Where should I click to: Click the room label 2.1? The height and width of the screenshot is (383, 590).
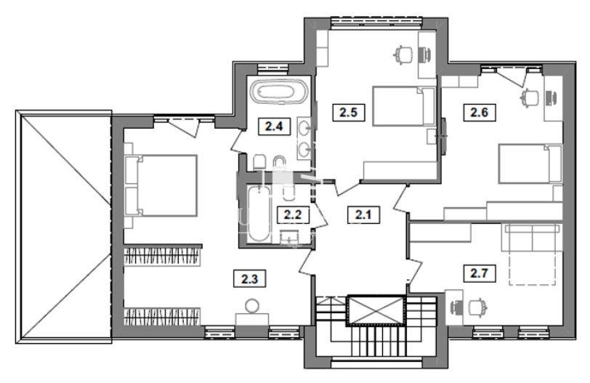(x=363, y=215)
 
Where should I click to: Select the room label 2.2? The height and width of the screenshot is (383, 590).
(x=293, y=215)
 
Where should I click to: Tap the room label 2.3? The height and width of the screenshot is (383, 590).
(x=249, y=279)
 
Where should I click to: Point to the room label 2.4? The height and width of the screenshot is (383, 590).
(x=273, y=126)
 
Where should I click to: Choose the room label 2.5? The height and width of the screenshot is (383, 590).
(x=349, y=112)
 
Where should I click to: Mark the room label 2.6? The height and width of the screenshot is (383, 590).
(x=479, y=112)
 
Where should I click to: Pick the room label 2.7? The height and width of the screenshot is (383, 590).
(x=479, y=273)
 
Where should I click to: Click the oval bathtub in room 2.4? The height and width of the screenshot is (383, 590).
(x=278, y=92)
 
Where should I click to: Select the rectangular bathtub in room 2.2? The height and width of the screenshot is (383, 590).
(x=259, y=214)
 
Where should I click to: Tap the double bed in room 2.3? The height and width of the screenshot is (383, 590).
(x=162, y=185)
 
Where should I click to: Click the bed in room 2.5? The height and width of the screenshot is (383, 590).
(x=404, y=106)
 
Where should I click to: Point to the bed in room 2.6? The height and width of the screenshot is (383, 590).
(x=530, y=164)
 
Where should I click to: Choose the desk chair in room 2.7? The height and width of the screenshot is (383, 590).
(x=477, y=307)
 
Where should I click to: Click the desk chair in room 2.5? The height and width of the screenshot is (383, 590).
(x=403, y=55)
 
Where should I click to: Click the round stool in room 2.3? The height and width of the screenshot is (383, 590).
(x=251, y=305)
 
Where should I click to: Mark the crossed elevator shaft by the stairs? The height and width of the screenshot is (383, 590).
(x=376, y=310)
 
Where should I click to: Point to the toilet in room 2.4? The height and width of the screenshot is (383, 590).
(x=260, y=162)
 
